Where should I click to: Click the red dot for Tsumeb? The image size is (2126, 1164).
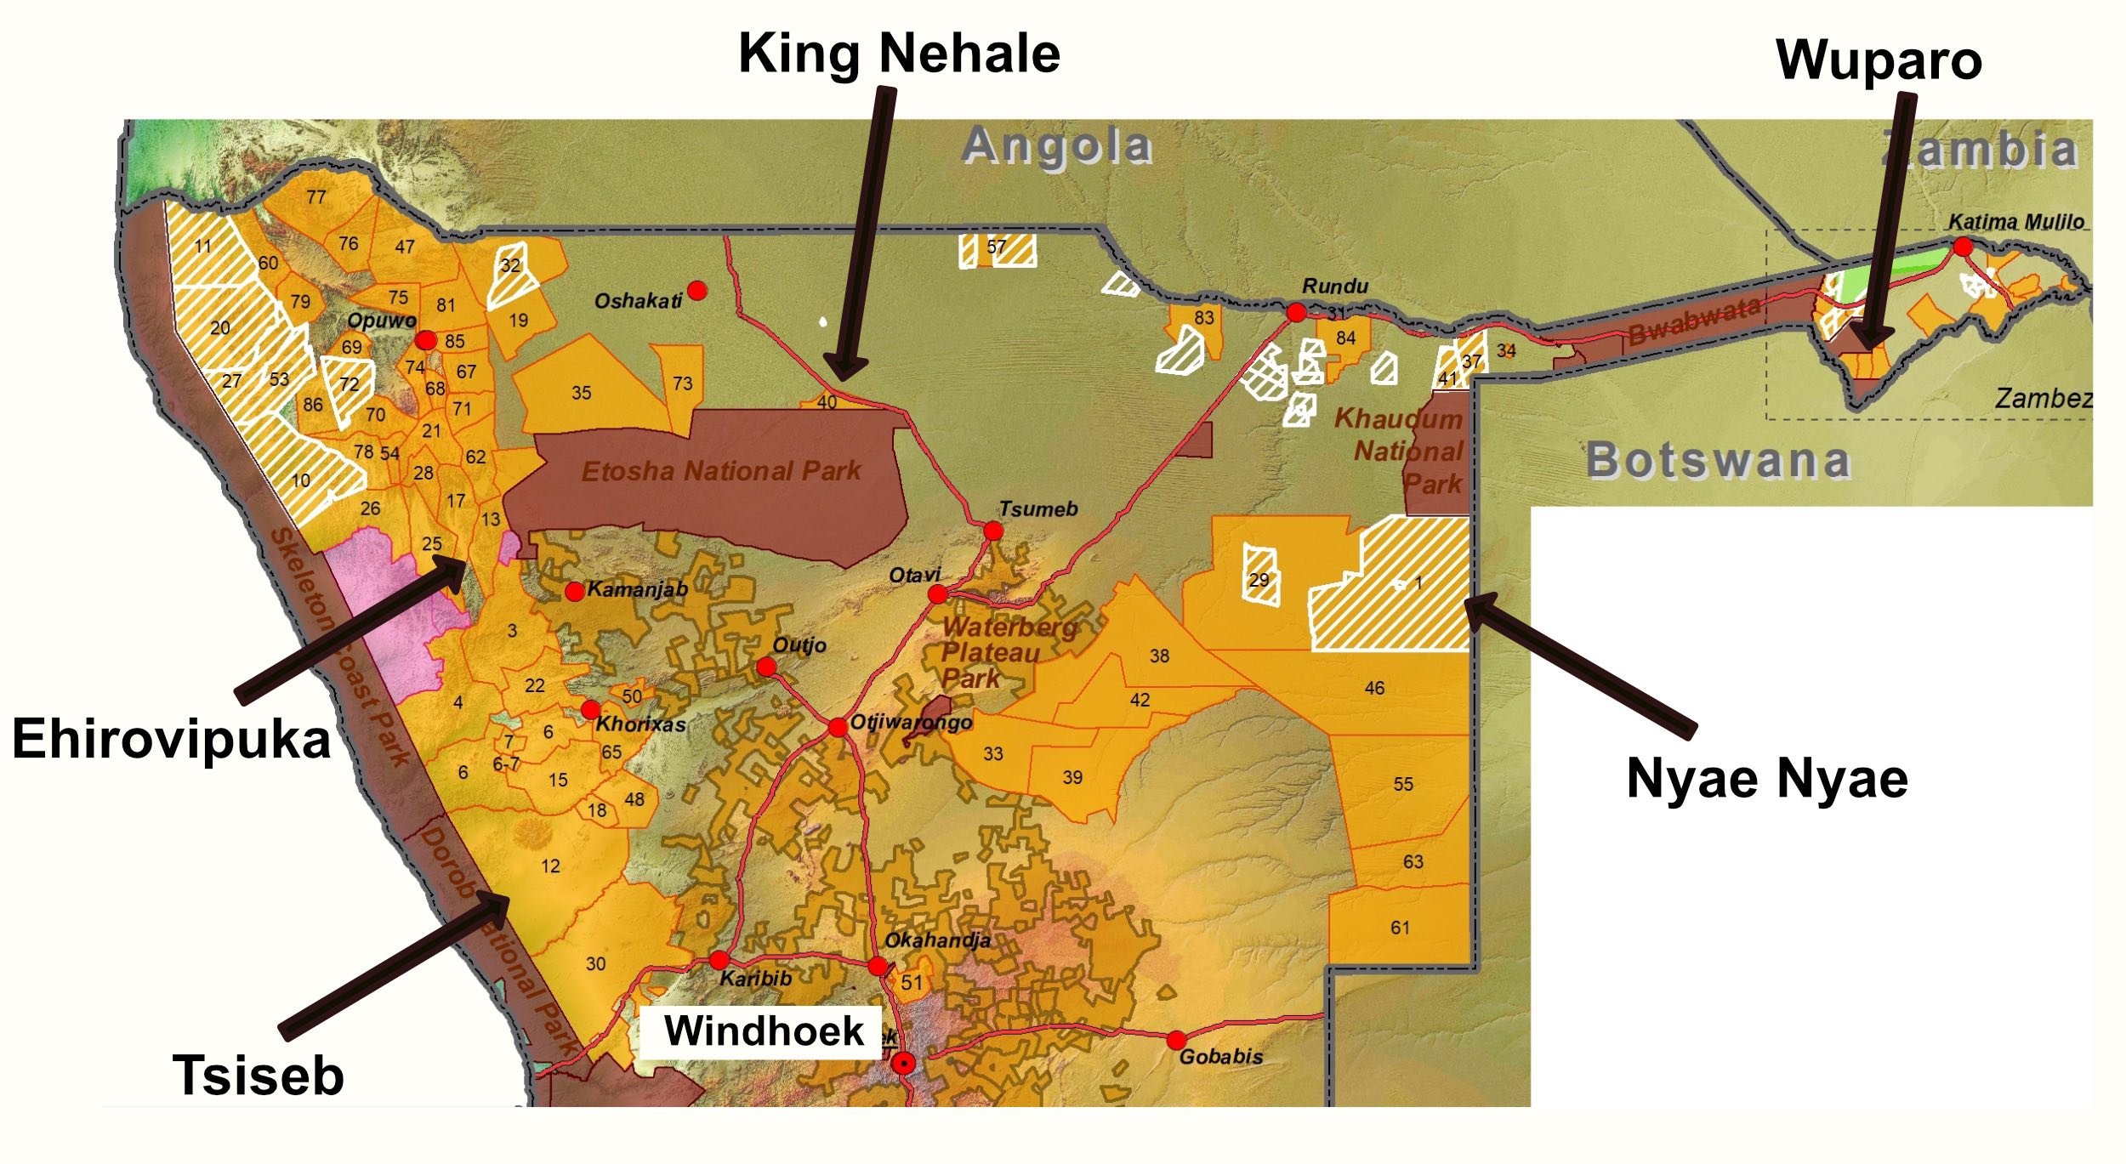pos(993,531)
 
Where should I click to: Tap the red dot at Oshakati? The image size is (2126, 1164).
pos(697,291)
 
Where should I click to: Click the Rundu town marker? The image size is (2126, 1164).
pos(1296,312)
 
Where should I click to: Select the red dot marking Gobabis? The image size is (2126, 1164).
pos(1176,1040)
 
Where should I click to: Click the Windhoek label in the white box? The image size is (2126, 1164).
pos(763,1031)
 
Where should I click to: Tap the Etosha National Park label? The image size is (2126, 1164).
pos(721,471)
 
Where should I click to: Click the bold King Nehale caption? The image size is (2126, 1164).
pos(899,54)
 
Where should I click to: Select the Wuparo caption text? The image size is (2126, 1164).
pos(1879,60)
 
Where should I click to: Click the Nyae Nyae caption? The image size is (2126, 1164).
pos(1766,778)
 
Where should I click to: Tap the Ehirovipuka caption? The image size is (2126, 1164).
pos(171,739)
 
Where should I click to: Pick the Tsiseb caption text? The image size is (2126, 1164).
pos(258,1076)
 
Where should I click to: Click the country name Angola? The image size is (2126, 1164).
pos(1057,145)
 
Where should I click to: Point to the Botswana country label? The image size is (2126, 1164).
pos(1718,461)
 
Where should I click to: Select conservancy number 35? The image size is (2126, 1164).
pos(581,393)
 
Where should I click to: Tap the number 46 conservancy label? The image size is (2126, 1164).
pos(1374,688)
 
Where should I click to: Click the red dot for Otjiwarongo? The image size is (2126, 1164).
pos(838,727)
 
